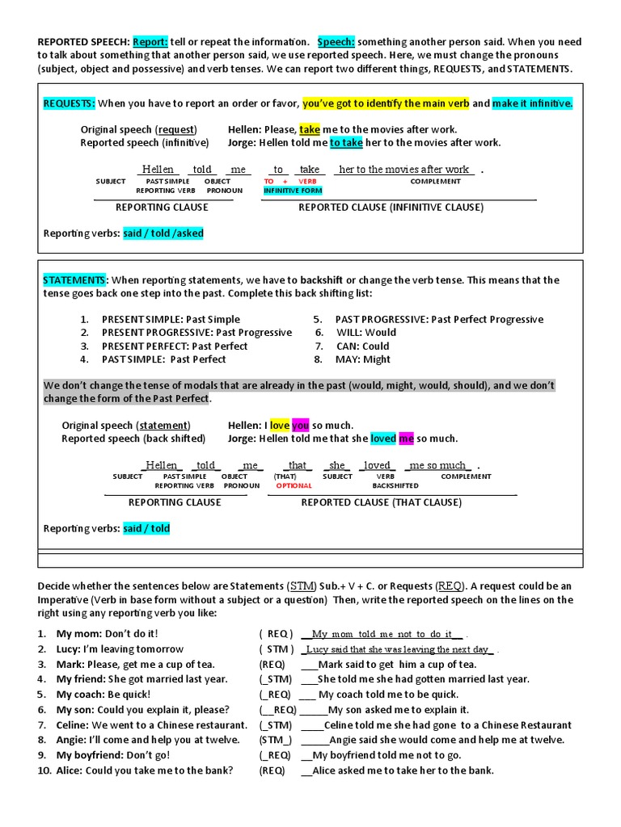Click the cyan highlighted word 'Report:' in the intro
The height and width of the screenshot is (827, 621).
coord(150,42)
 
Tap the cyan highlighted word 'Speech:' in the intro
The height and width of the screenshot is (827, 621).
coord(336,42)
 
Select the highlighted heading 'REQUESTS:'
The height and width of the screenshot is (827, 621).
coord(69,103)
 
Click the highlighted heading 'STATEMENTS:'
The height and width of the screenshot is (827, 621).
coord(74,280)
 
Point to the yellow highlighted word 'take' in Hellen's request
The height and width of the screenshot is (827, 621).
coord(310,129)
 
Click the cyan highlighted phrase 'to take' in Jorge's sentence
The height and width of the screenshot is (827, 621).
coord(346,143)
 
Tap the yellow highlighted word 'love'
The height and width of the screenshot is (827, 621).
coord(279,425)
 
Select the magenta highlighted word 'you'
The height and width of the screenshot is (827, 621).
coord(301,425)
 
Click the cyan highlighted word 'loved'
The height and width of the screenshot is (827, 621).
coord(383,439)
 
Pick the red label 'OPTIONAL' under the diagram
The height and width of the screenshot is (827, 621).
coord(294,486)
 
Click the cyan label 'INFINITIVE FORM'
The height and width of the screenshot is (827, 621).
coord(293,191)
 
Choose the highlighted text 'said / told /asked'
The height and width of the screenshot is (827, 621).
coord(163,233)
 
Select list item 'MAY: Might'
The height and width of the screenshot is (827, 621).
coord(363,359)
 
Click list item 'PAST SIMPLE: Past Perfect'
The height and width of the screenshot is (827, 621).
coord(163,359)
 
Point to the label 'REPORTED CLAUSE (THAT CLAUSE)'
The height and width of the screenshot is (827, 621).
coord(382,502)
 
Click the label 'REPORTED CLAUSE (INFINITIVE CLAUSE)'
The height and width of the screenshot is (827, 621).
coord(391,208)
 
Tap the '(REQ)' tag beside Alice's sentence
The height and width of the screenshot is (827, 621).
coord(272,770)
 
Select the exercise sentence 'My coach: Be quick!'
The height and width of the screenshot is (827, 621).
coord(103,695)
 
